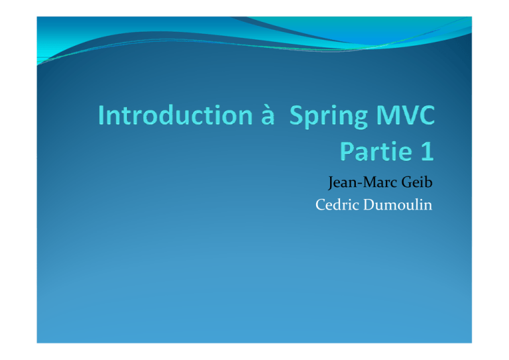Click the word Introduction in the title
pyautogui.click(x=175, y=115)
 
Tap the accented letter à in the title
pyautogui.click(x=268, y=115)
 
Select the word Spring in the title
pyautogui.click(x=329, y=117)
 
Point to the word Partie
pyautogui.click(x=376, y=151)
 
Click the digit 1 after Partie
pyautogui.click(x=427, y=151)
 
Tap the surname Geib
pyautogui.click(x=417, y=182)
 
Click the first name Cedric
pyautogui.click(x=337, y=204)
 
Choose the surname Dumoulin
pyautogui.click(x=398, y=204)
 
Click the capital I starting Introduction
pyautogui.click(x=101, y=115)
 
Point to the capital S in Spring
pyautogui.click(x=296, y=115)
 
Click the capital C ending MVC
pyautogui.click(x=427, y=115)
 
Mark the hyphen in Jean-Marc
pyautogui.click(x=360, y=184)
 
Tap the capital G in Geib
pyautogui.click(x=407, y=182)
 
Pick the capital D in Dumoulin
pyautogui.click(x=369, y=205)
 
